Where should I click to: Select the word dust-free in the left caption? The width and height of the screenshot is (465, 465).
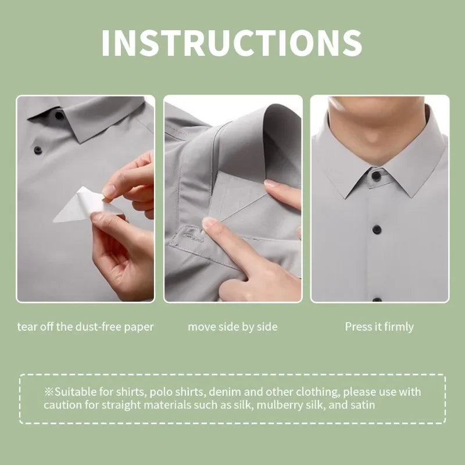pos(99,327)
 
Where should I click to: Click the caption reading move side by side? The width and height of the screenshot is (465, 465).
pos(232,327)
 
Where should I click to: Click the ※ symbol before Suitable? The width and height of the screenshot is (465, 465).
pos(49,392)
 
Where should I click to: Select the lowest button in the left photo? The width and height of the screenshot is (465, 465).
pos(38,150)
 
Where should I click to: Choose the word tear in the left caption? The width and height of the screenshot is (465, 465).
pos(26,327)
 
